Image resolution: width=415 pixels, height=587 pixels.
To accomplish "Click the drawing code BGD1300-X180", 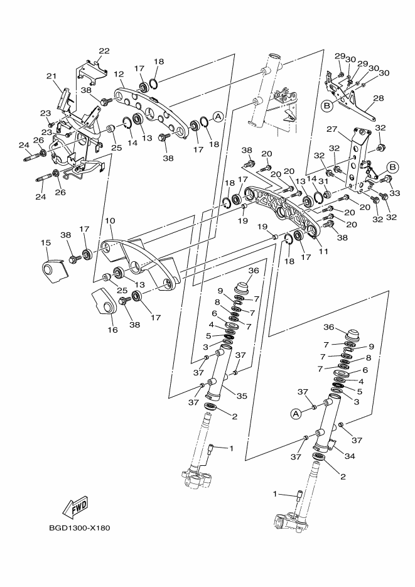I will tap(79, 527).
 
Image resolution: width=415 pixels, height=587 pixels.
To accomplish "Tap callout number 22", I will tap(104, 51).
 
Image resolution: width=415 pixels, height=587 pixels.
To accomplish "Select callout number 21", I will tap(51, 76).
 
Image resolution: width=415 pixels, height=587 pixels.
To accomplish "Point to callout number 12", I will tap(119, 73).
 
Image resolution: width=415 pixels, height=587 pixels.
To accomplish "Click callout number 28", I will tap(378, 98).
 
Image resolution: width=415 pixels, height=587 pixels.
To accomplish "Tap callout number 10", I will tap(109, 221).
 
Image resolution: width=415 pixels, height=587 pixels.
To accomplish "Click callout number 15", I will tap(46, 242).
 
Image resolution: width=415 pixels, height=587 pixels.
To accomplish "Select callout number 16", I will tap(112, 329).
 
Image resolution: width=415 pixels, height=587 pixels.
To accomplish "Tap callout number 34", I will tap(350, 456).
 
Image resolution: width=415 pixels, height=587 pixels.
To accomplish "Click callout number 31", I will tap(324, 181).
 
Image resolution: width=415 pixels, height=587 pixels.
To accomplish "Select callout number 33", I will tap(395, 194).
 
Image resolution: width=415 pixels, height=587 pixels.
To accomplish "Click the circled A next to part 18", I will tap(218, 117).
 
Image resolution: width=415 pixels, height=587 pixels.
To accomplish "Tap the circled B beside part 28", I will tap(326, 106).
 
